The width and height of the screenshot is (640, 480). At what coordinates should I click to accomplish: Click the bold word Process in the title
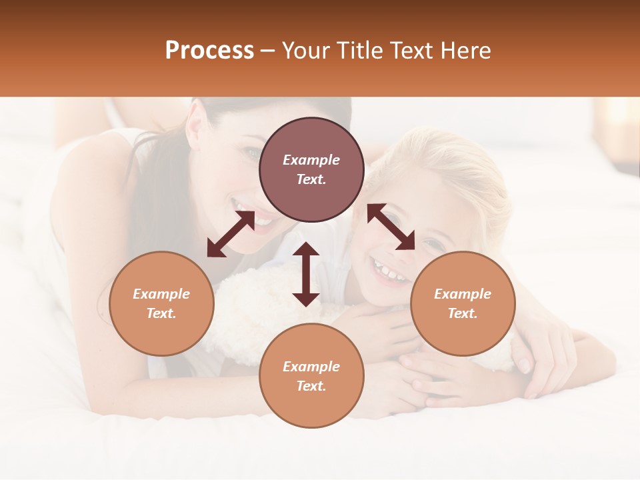click(x=209, y=51)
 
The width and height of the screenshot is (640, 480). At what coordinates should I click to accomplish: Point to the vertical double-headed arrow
click(x=306, y=274)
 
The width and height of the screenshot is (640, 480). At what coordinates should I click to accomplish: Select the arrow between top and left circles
click(x=231, y=234)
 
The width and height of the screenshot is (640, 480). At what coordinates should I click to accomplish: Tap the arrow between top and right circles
click(x=391, y=227)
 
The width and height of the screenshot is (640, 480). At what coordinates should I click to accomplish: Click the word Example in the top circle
click(x=311, y=160)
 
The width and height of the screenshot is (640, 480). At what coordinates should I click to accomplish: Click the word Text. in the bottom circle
click(x=311, y=386)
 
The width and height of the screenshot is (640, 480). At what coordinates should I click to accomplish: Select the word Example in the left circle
click(x=161, y=294)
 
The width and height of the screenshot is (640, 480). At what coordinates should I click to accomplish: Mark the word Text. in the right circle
click(x=463, y=313)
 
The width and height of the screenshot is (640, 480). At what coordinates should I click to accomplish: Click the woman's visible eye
click(x=254, y=154)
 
